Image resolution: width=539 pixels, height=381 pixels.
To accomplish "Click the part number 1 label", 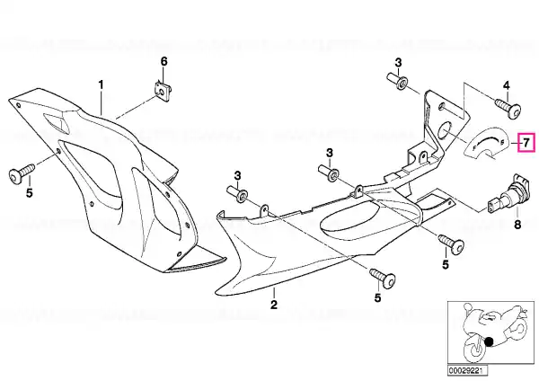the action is (x=101, y=84).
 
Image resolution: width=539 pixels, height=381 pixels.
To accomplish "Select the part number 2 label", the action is (x=274, y=305).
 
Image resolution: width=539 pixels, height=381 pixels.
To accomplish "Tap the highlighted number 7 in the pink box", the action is (x=526, y=142).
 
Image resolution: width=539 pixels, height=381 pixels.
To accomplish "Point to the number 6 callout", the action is (x=164, y=62).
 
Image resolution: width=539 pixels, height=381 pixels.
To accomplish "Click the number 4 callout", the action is (x=507, y=86).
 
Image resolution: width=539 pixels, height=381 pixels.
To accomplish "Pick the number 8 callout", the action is (x=517, y=225).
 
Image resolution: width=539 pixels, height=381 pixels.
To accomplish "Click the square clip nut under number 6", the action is (x=163, y=91).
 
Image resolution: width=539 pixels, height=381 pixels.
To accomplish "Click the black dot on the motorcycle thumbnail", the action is (x=489, y=341).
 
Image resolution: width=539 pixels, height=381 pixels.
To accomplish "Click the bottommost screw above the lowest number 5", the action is (x=383, y=278).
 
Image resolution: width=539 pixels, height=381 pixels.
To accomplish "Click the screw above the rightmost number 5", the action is (x=451, y=244).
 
